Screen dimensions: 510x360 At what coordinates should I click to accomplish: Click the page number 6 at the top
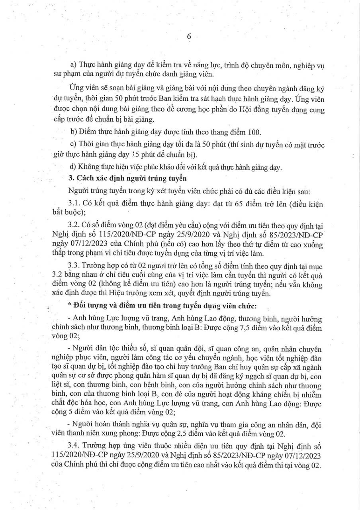(189, 36)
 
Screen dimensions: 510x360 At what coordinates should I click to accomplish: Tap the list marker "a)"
(73, 65)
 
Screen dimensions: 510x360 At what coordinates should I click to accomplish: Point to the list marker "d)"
(73, 168)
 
